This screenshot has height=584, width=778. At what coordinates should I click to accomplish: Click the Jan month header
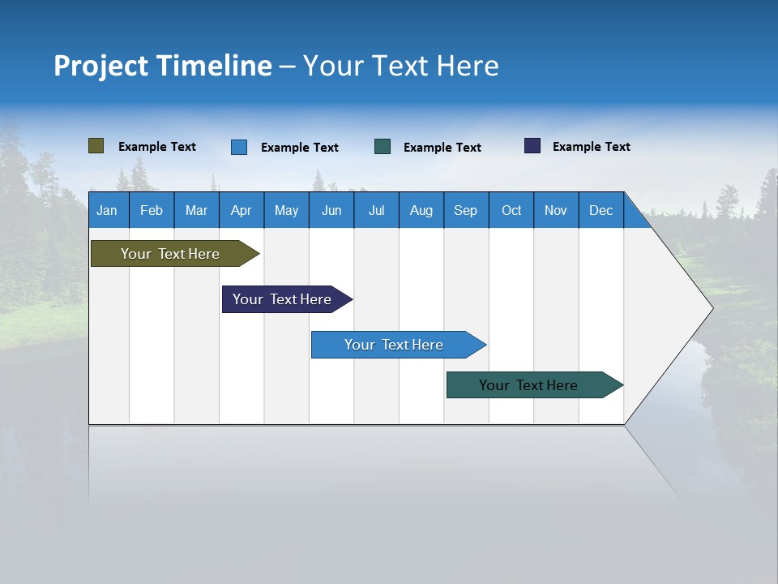[108, 210]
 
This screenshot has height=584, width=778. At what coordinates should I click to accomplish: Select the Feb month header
[152, 210]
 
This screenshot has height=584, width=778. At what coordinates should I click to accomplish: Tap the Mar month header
[196, 210]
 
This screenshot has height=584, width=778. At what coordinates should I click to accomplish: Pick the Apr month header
[242, 210]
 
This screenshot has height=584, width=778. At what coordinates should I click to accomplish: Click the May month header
[286, 210]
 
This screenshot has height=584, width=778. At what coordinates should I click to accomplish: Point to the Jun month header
[331, 210]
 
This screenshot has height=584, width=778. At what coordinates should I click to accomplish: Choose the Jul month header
[376, 210]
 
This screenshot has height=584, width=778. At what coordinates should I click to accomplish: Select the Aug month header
[421, 210]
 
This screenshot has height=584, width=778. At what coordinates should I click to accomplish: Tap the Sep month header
[466, 210]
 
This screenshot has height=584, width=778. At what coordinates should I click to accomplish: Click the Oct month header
[511, 210]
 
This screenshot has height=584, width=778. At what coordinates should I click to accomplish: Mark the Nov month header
[556, 210]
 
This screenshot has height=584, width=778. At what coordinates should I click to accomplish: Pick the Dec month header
[601, 210]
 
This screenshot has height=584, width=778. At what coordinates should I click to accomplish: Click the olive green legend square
[96, 146]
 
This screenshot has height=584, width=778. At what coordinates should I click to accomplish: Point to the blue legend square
[239, 147]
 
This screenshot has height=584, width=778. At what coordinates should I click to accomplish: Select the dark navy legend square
[532, 146]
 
